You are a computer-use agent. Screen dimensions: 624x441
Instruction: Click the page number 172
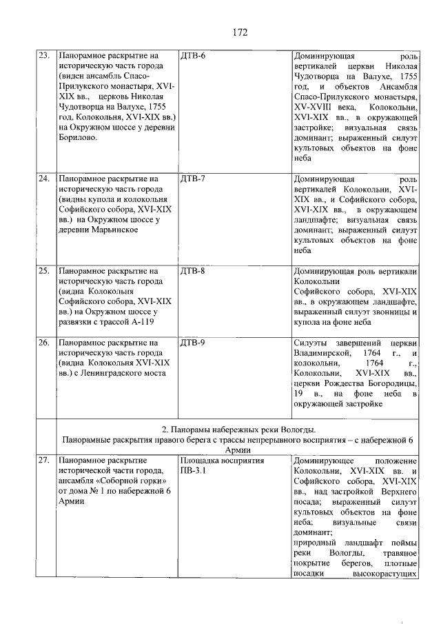[x=240, y=32]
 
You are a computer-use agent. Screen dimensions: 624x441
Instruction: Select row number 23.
[x=43, y=54]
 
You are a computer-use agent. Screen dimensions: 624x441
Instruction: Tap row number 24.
[x=43, y=179]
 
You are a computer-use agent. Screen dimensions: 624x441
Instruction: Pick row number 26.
[x=43, y=342]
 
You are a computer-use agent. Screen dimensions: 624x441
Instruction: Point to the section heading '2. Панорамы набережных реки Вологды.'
[x=239, y=429]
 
